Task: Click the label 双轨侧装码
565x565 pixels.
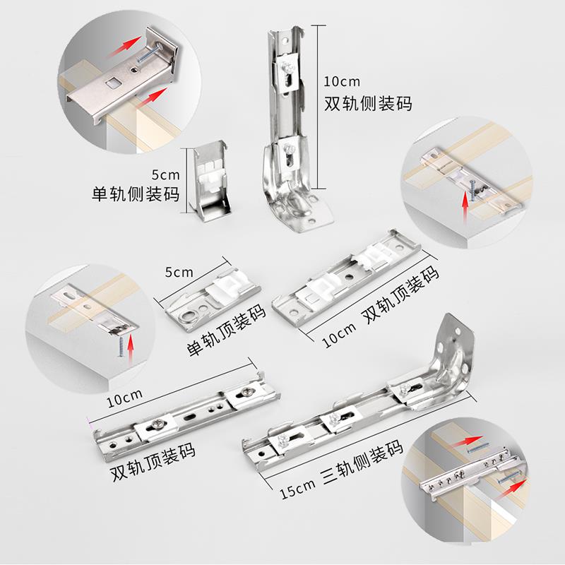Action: [367, 103]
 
